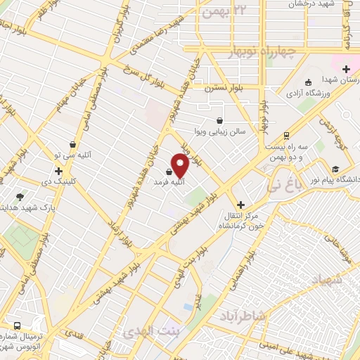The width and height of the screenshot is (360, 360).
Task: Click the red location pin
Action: click(x=180, y=166)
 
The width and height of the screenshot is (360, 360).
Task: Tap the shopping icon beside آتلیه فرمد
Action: click(x=169, y=171)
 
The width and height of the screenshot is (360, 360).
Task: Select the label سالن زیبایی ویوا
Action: click(x=219, y=131)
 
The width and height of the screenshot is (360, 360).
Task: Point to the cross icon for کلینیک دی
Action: click(x=58, y=171)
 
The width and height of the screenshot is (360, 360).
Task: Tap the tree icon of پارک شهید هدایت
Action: click(x=19, y=197)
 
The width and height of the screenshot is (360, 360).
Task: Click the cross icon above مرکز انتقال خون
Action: click(x=240, y=204)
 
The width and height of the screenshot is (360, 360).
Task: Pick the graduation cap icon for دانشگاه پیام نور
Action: click(x=336, y=169)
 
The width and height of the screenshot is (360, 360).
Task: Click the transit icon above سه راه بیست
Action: click(x=286, y=136)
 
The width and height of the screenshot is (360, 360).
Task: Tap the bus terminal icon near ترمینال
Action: click(x=17, y=327)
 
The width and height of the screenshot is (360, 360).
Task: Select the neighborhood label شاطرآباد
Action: click(x=240, y=316)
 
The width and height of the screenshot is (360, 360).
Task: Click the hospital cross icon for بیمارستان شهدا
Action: click(x=346, y=69)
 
